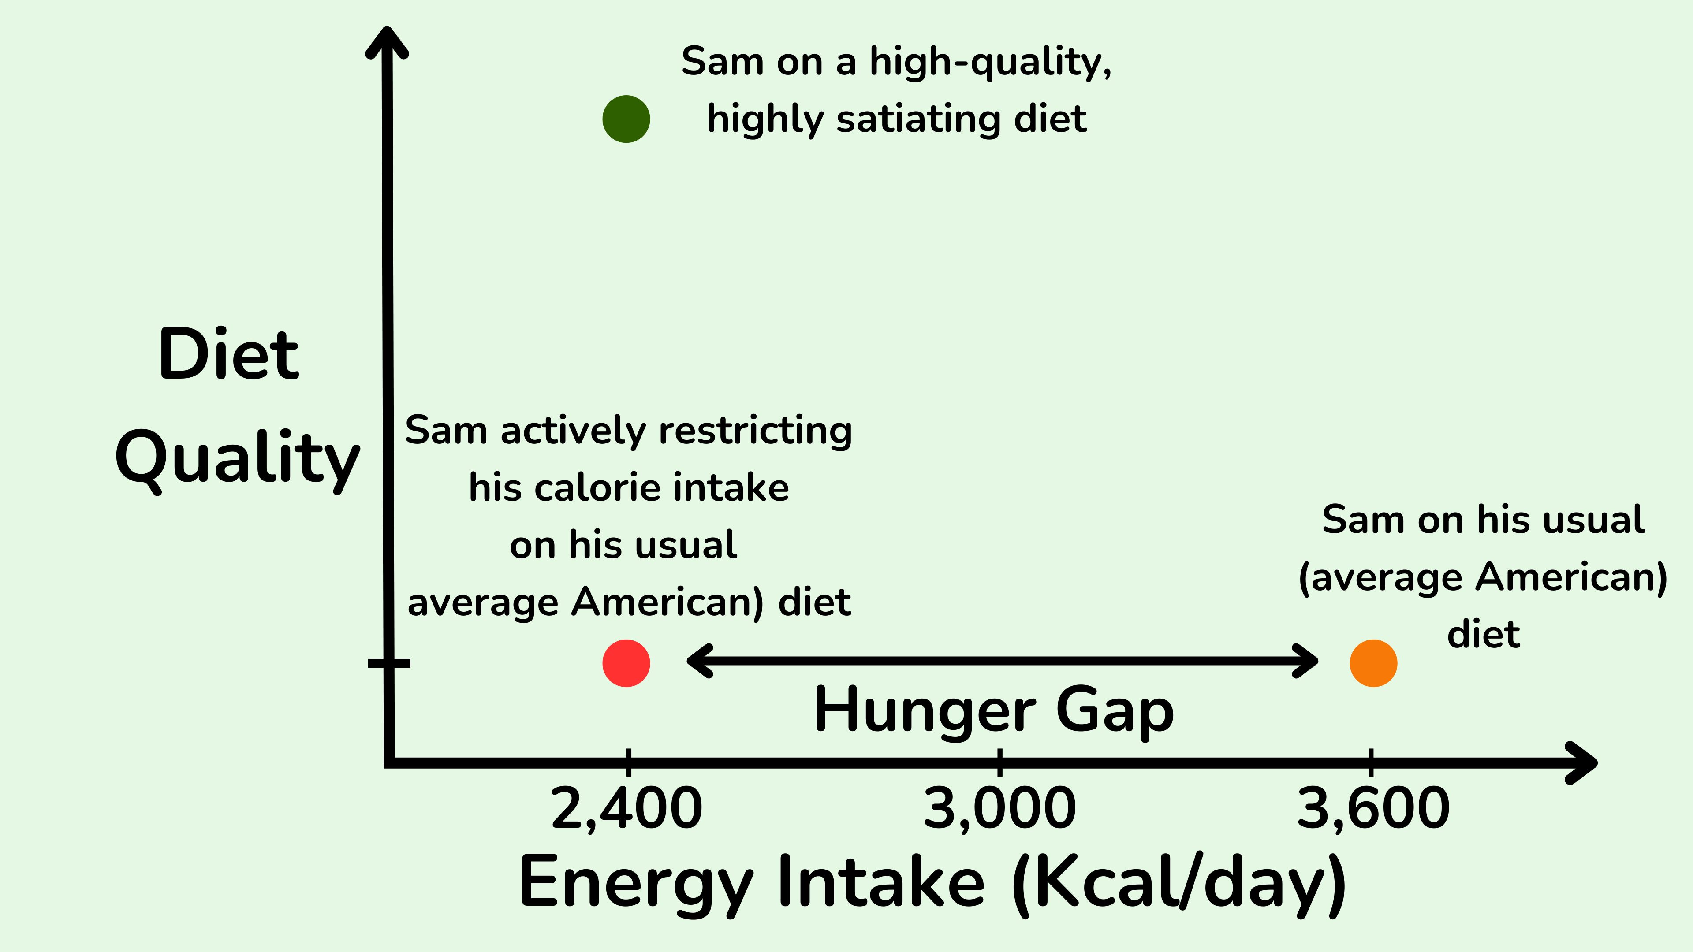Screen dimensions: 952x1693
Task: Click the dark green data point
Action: tap(626, 119)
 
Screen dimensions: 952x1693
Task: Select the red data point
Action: tap(626, 663)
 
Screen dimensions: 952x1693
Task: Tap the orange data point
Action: tap(1373, 663)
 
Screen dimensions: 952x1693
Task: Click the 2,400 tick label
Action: tap(626, 809)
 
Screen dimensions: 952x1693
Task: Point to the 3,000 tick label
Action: tap(999, 809)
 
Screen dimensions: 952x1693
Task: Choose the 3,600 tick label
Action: tap(1373, 809)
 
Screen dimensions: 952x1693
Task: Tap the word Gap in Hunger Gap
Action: tap(1115, 711)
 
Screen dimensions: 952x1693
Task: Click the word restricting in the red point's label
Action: tap(755, 431)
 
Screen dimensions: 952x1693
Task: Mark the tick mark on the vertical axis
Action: tap(389, 663)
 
